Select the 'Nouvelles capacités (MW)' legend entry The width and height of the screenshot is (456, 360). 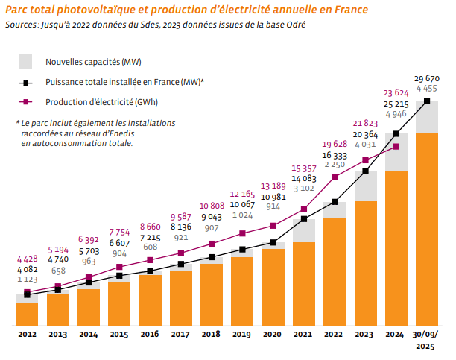[x=93, y=61]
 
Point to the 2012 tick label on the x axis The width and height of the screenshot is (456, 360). [x=27, y=336]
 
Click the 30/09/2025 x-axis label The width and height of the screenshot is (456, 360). [x=427, y=341]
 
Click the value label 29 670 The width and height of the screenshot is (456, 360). [x=427, y=78]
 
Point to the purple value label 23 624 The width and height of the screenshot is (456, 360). [x=396, y=93]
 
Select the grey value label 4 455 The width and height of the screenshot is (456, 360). [x=427, y=89]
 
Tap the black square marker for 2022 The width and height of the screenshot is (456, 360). [x=335, y=202]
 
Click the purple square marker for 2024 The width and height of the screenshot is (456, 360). [x=396, y=146]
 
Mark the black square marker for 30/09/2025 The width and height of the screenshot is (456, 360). [x=427, y=101]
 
